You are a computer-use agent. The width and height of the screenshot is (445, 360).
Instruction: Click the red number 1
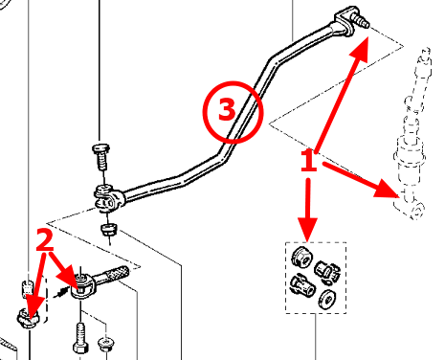pos(308,160)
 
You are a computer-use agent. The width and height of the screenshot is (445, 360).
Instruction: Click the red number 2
pos(45,240)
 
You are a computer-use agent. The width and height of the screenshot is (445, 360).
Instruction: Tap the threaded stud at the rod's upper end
pos(361,19)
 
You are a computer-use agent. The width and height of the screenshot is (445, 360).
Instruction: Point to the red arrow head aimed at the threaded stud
pos(361,48)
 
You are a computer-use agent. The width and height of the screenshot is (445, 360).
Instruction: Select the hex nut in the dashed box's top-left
pos(302,258)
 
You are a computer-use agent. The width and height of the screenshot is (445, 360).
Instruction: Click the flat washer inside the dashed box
pos(327,300)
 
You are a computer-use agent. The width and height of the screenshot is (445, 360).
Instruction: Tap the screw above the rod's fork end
pos(101,157)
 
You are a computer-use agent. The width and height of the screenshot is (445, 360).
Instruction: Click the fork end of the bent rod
pos(108,199)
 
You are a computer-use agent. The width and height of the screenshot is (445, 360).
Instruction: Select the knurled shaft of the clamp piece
pos(116,274)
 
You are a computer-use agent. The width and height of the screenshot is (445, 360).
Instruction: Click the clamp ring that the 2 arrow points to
pos(83,286)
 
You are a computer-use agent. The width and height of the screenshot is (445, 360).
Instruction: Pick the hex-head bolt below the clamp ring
pos(80,338)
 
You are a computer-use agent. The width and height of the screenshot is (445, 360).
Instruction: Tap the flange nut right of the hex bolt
pos(106,344)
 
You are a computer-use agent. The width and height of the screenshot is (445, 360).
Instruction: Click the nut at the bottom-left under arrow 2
pos(28,318)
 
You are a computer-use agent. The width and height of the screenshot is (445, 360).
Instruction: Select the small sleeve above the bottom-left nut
pos(28,287)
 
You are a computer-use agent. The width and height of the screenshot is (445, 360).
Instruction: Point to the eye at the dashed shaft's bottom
pos(417,211)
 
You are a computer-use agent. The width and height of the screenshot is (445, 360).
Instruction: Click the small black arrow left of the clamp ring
pos(62,291)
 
